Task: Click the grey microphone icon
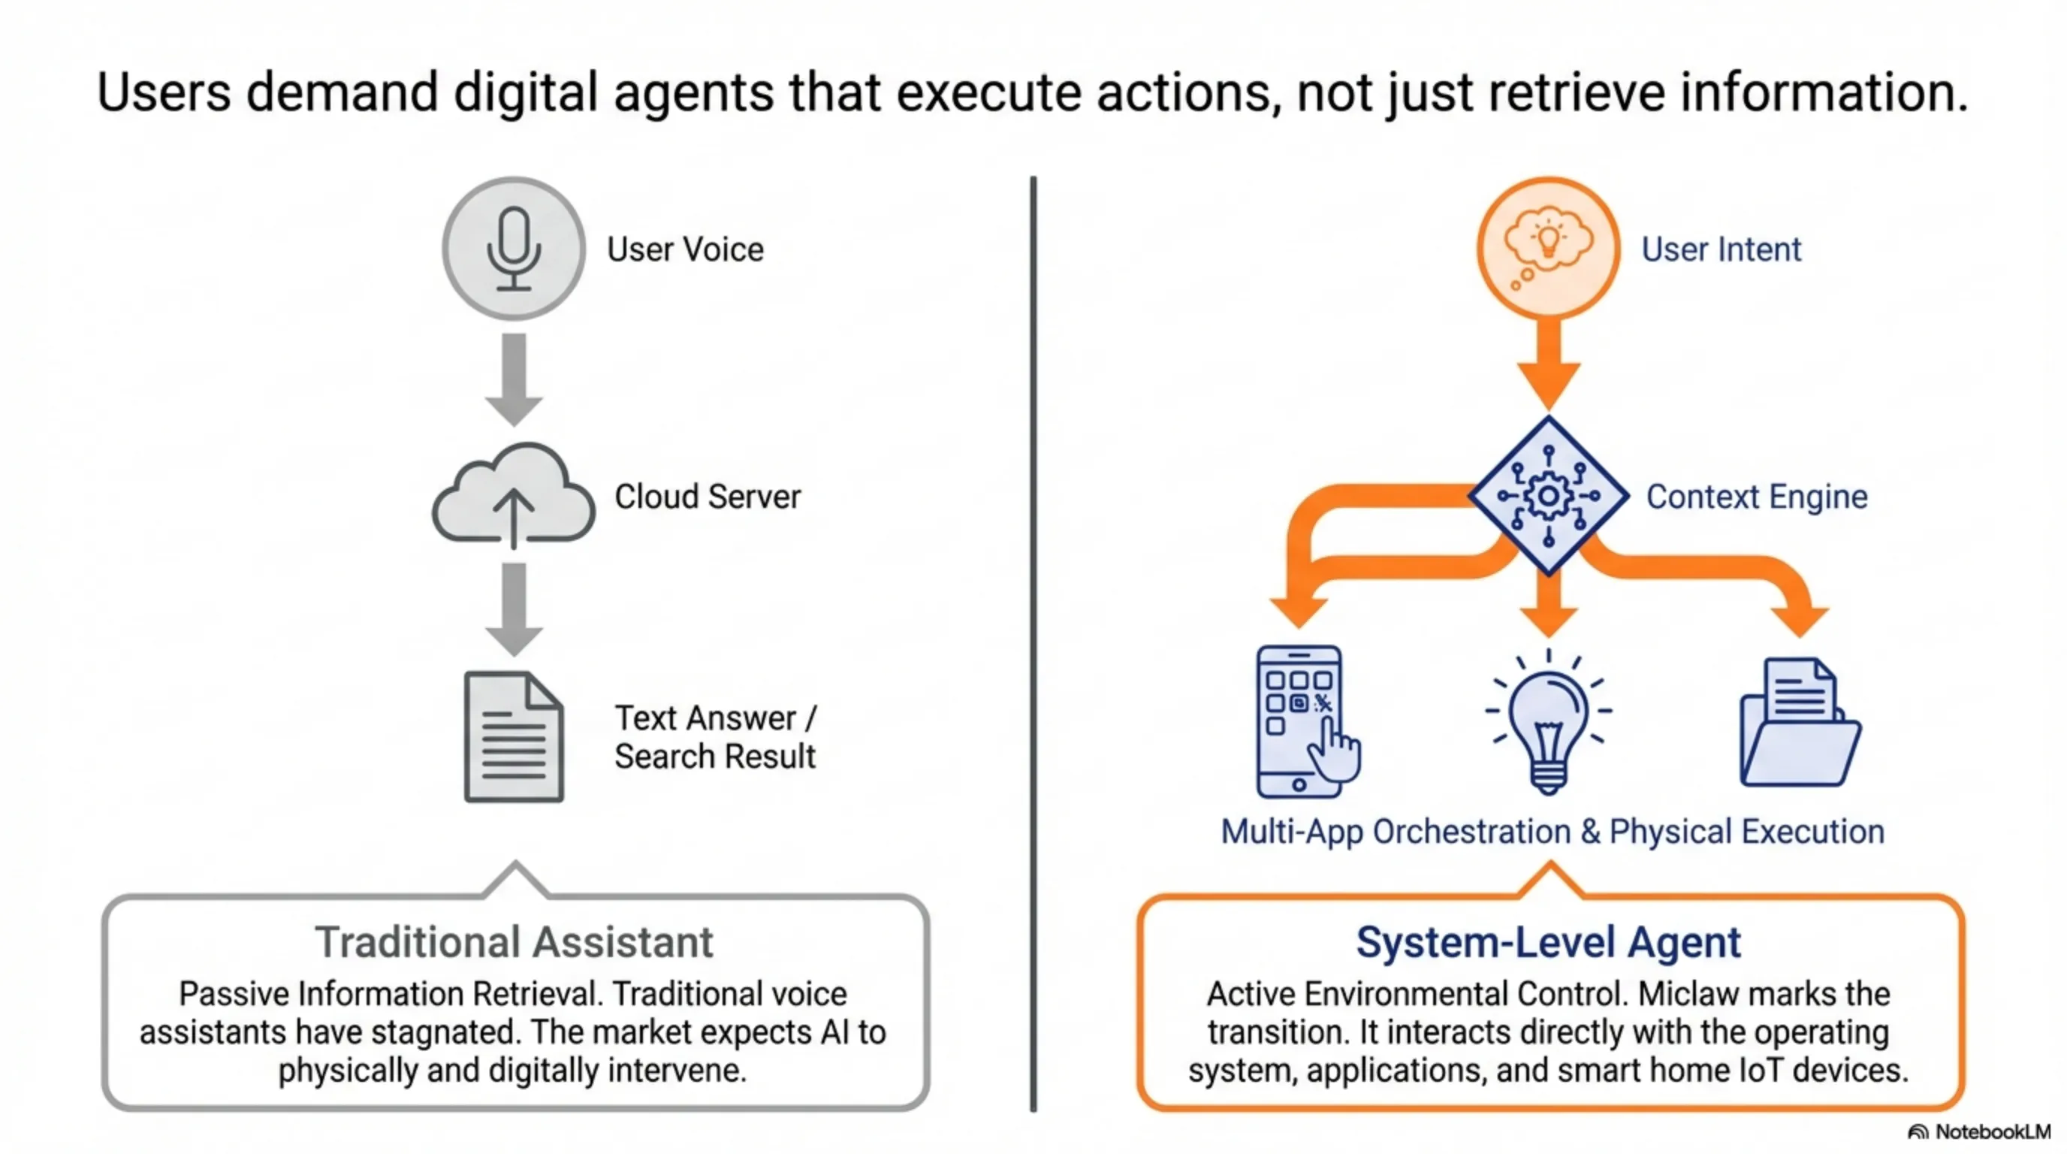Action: pos(514,249)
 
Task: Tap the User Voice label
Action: pos(684,249)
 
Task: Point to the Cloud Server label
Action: pos(707,497)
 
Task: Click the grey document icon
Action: pos(514,737)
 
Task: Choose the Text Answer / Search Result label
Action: pos(714,737)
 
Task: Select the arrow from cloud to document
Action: pos(514,609)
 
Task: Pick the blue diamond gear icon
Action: pos(1548,496)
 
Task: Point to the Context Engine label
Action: pos(1757,497)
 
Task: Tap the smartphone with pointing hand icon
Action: pos(1306,721)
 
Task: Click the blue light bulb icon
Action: pos(1548,721)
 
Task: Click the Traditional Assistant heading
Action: pos(514,942)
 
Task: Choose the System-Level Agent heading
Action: pos(1548,942)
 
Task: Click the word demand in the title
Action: pos(342,92)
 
